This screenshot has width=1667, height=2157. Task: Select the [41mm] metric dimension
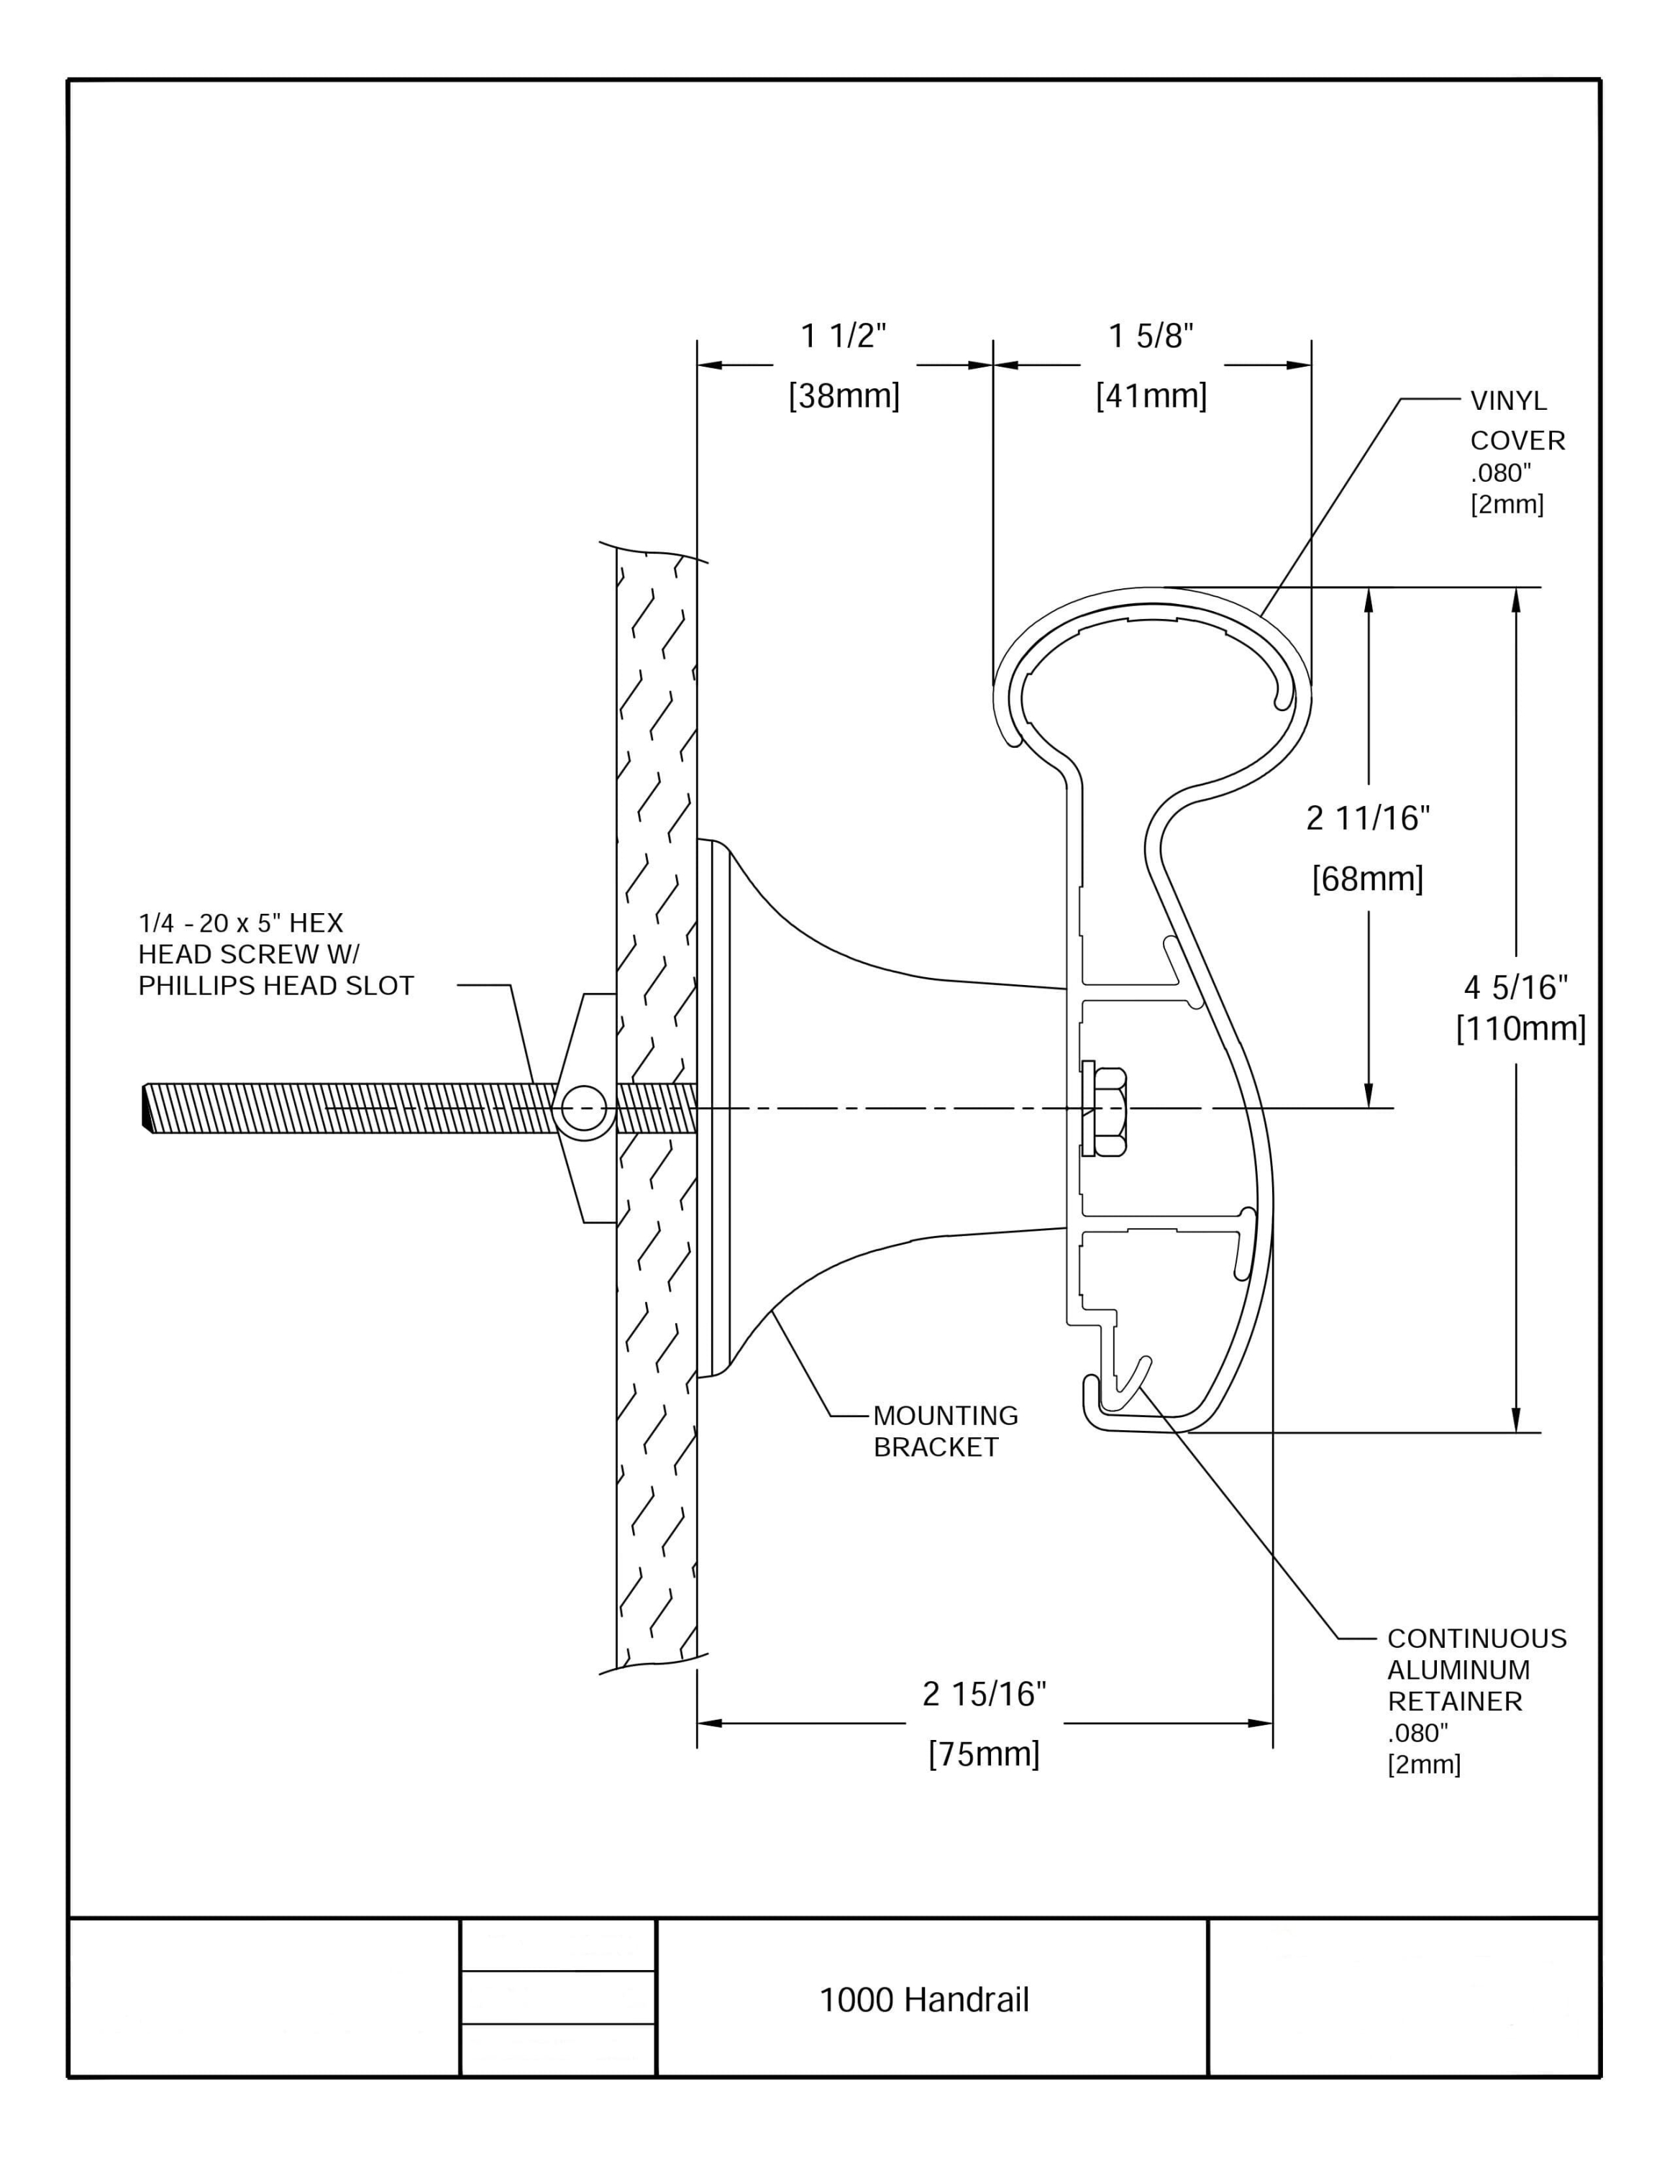coord(1151,396)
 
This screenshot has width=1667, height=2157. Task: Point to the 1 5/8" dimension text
coord(1151,336)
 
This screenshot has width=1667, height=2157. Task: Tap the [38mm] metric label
coord(844,396)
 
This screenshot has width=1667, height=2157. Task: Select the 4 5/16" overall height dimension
coord(1516,986)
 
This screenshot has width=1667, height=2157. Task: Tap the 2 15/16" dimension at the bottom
coord(984,1695)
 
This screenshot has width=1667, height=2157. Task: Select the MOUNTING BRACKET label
coord(944,1431)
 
